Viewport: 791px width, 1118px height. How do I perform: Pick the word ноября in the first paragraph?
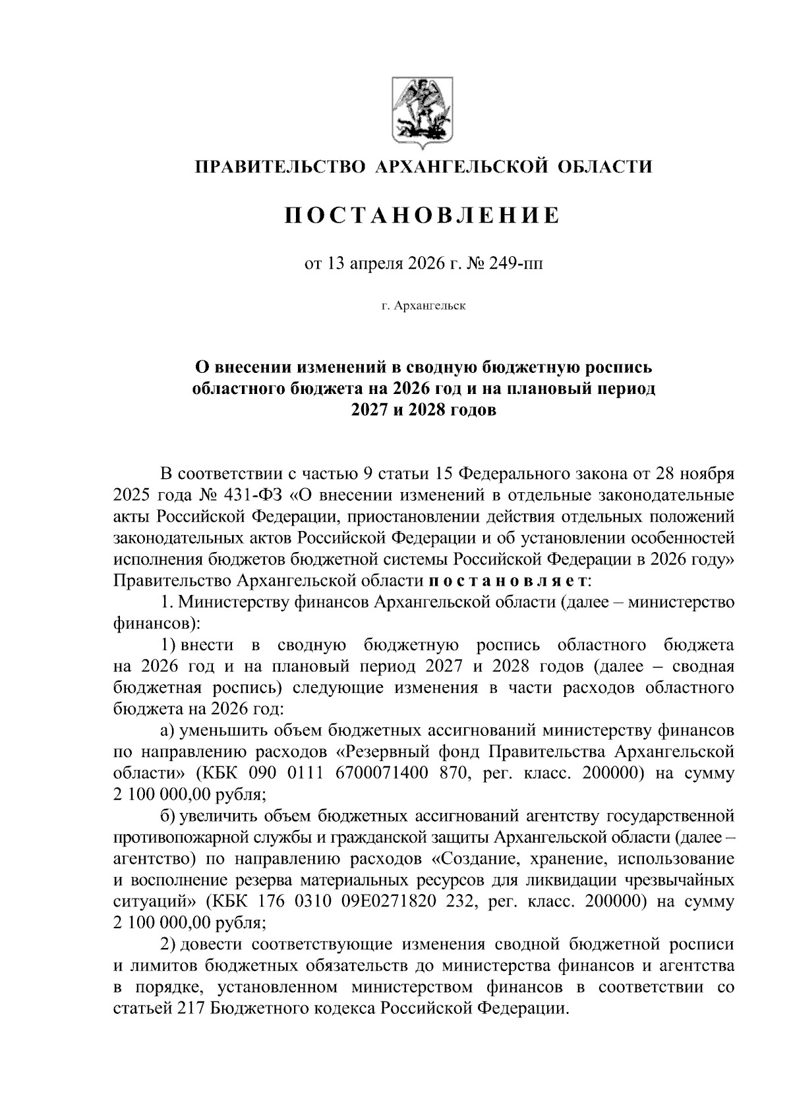[x=708, y=474]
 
